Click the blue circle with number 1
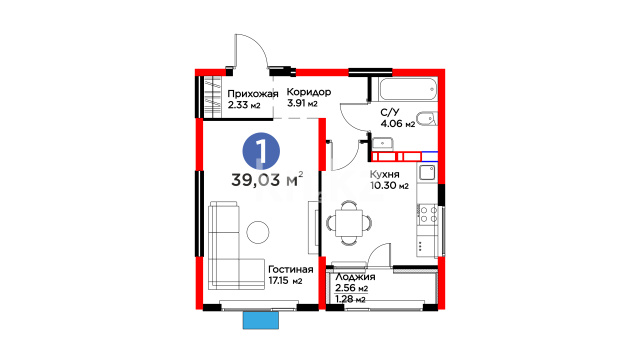(x=261, y=151)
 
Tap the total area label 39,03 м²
(x=267, y=180)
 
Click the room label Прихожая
(x=253, y=94)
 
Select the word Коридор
(x=309, y=92)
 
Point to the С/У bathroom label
(x=390, y=112)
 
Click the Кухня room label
(x=384, y=175)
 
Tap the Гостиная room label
(x=291, y=270)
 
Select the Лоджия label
(x=355, y=277)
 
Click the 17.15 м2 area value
(x=285, y=281)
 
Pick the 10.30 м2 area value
(x=389, y=186)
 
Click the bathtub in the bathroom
(x=408, y=89)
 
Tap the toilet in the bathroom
(x=427, y=119)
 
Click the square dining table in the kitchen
(x=349, y=223)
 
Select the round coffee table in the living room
(x=258, y=232)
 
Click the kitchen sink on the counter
(x=427, y=173)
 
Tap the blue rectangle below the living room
(x=261, y=320)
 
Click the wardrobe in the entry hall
(x=212, y=97)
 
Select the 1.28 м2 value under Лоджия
(x=350, y=300)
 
